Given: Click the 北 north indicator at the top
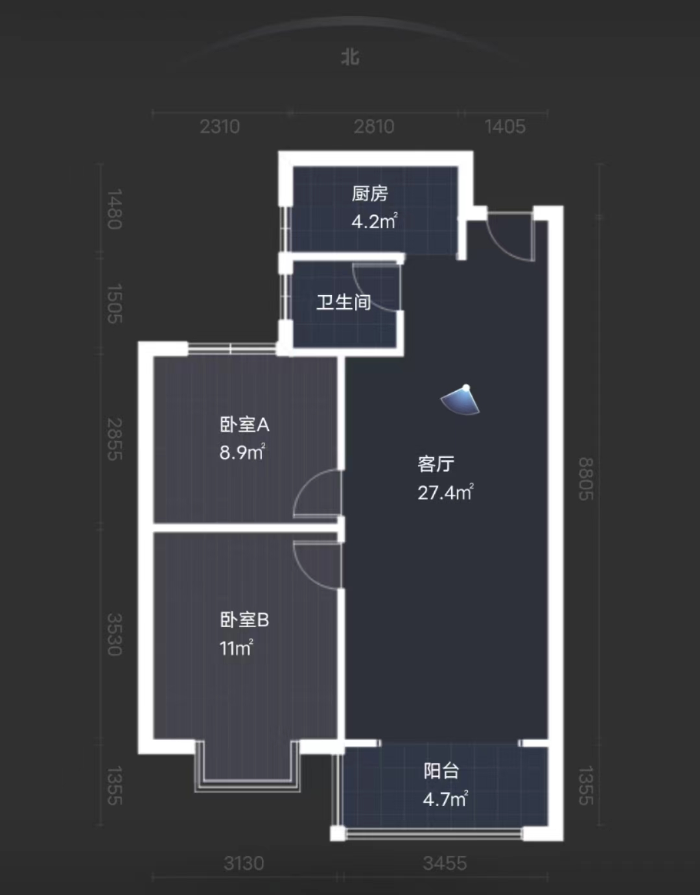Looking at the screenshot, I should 350,57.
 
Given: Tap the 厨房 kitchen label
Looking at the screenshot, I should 370,193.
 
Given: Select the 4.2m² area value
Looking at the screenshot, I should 374,221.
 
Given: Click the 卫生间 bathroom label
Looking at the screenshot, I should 344,302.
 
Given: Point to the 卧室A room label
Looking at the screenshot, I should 244,425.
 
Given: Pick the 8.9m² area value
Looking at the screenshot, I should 242,452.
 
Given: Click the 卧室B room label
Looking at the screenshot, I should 244,620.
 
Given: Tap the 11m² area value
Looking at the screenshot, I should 236,648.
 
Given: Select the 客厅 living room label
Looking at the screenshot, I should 436,464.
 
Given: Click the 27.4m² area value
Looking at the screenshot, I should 445,492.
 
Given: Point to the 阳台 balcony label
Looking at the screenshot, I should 441,770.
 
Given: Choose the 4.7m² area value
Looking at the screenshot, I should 445,799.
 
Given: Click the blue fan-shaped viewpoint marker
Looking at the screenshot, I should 461,400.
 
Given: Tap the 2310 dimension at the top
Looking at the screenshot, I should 220,126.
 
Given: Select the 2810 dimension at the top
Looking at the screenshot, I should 374,126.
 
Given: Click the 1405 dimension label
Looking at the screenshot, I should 505,126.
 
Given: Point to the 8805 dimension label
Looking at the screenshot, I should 586,479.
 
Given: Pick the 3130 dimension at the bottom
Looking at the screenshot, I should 244,863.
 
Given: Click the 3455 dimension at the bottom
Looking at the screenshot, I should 445,863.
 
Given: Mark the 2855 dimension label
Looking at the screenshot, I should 115,439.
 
